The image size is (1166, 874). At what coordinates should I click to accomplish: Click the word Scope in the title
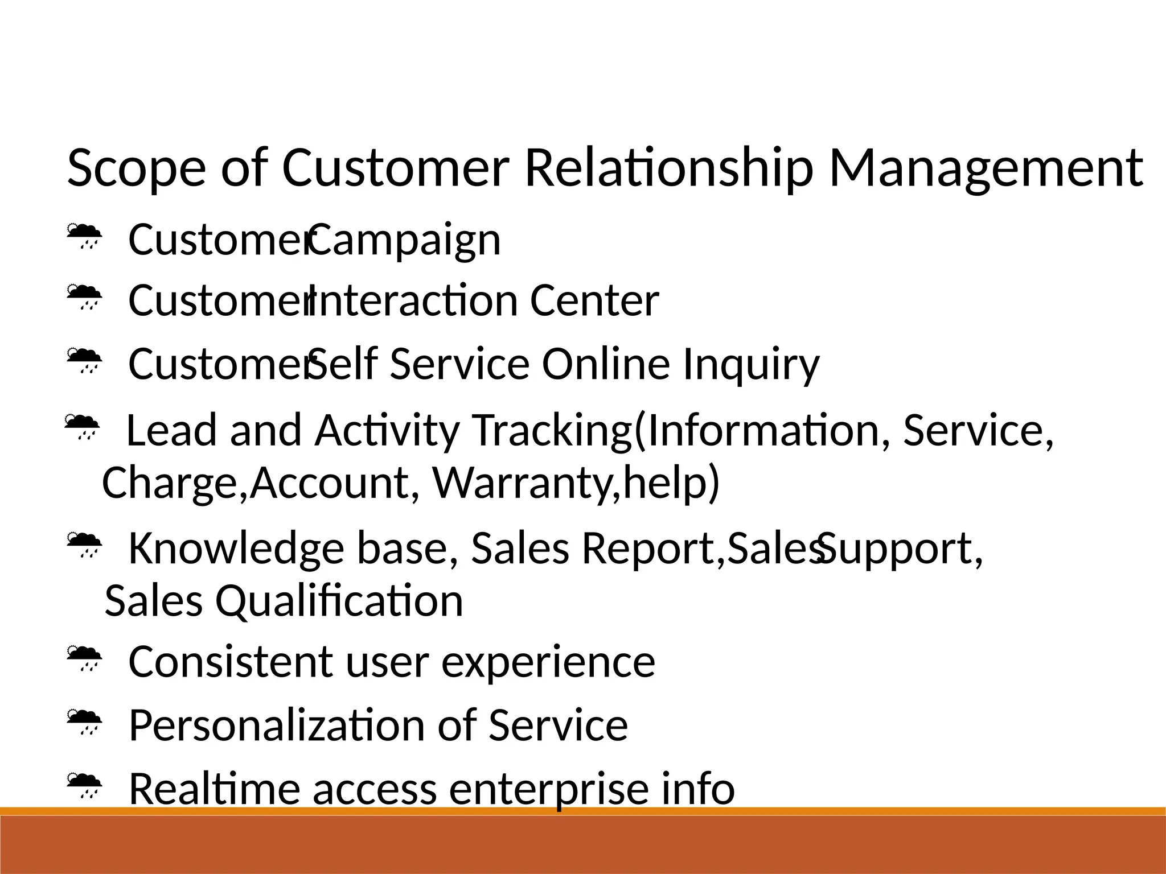(136, 168)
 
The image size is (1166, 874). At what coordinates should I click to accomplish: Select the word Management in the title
(986, 168)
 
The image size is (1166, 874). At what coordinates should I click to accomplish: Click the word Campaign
(405, 240)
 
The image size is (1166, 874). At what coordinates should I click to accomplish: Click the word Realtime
(214, 789)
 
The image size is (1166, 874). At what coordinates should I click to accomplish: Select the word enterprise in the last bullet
(549, 789)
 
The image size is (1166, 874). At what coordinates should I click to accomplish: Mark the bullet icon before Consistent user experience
(84, 658)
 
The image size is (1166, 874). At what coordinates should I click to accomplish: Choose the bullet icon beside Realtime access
(84, 786)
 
